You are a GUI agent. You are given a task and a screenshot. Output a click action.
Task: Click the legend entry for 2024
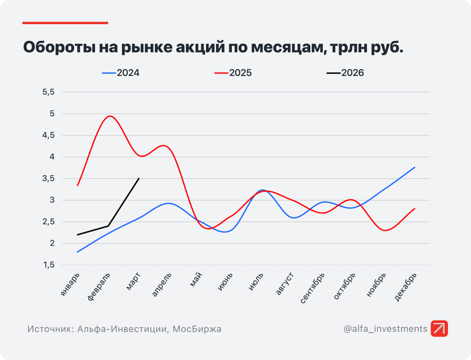coord(128,73)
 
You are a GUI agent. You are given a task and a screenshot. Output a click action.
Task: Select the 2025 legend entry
coord(240,73)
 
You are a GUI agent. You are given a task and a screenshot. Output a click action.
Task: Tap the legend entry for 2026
coord(352,73)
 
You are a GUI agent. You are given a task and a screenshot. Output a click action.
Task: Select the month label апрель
coord(162,286)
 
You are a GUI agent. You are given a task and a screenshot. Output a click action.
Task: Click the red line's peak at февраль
coord(110,116)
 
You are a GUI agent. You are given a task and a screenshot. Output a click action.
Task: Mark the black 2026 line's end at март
coord(139,178)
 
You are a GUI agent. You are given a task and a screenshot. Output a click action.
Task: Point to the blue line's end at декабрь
coord(414,167)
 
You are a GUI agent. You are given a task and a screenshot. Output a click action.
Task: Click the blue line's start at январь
coord(79,252)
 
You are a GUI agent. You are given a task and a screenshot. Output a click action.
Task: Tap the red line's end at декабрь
coord(414,209)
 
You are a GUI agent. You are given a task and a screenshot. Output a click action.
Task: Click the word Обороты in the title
coord(57,48)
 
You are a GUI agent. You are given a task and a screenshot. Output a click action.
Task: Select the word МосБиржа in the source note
coord(197,329)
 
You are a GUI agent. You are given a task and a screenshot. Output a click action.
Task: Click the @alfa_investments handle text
coord(386,329)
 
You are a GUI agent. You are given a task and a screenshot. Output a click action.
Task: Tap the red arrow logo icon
coord(439,329)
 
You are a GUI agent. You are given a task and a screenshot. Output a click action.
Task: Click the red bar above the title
coord(65,23)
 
